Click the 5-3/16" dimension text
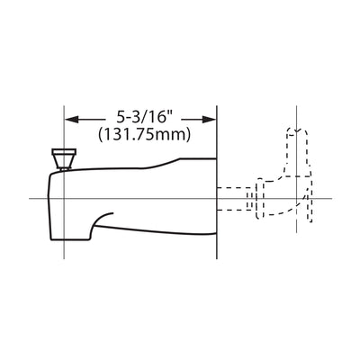pyautogui.click(x=146, y=117)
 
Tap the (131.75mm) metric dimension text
pyautogui.click(x=144, y=134)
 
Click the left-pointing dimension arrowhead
pyautogui.click(x=72, y=120)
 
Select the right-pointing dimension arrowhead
pyautogui.click(x=209, y=120)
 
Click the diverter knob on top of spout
pyautogui.click(x=64, y=158)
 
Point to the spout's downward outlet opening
pyautogui.click(x=71, y=239)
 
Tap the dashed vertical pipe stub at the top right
pyautogui.click(x=297, y=151)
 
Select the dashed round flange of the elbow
pyautogui.click(x=260, y=199)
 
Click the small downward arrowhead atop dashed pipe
pyautogui.click(x=296, y=130)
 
